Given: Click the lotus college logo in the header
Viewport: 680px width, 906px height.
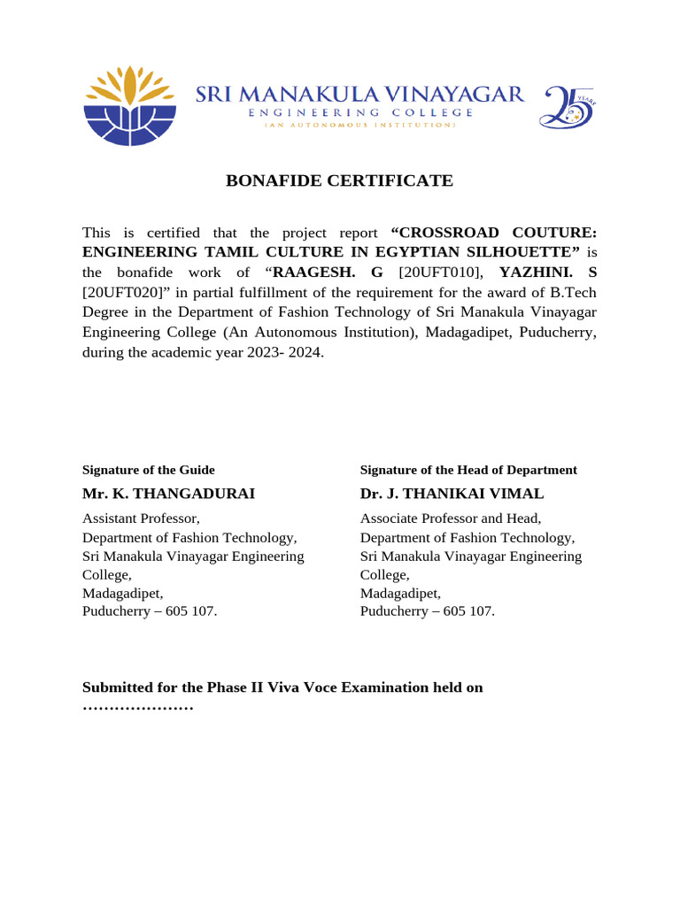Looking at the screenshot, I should click(131, 105).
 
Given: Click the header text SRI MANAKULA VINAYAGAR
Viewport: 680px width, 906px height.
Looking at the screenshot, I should click(359, 95).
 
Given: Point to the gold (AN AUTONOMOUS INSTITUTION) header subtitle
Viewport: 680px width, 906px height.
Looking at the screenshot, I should click(359, 126).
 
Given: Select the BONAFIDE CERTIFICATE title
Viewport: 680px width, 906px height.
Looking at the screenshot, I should click(339, 181).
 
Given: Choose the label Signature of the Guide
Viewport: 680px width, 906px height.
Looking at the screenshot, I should click(148, 470).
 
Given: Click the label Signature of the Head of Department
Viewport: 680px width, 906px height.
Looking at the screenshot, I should click(468, 470).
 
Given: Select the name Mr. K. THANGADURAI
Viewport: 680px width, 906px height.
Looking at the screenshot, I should click(168, 494).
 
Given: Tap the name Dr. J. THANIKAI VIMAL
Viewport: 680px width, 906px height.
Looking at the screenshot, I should click(452, 494).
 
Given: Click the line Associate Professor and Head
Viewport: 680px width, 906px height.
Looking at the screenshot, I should click(450, 518).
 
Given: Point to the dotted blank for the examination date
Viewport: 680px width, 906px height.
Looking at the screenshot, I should click(137, 708).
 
